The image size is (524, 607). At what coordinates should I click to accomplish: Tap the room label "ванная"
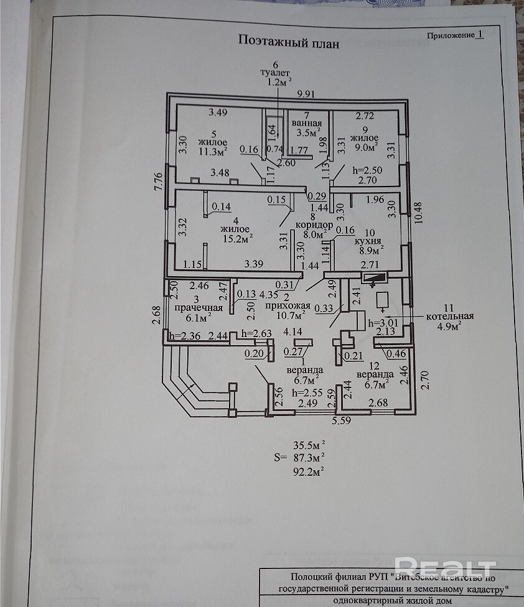307,122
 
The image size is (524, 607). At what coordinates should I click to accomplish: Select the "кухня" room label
367,240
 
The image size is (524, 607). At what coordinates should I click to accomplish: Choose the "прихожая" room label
287,307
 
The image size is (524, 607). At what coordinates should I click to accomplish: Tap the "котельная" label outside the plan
451,316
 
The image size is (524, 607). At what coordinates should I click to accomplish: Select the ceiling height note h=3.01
382,322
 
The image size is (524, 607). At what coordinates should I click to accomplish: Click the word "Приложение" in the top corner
450,35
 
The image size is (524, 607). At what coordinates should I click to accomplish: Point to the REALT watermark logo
445,567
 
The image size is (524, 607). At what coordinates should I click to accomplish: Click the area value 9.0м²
364,148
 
